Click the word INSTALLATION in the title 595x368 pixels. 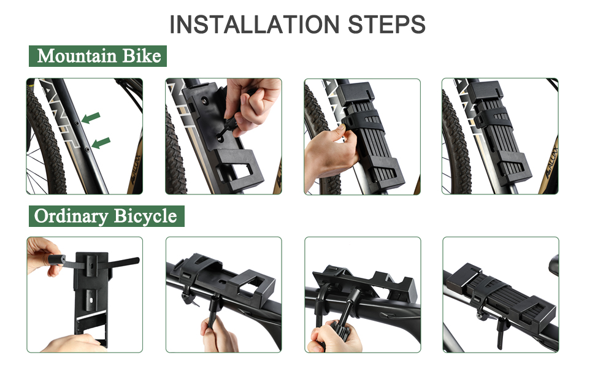coord(254,25)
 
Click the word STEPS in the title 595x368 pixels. coord(386,25)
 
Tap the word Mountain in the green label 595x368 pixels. coord(77,56)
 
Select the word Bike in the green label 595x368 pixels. coord(142,56)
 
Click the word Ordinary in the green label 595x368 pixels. coord(71,217)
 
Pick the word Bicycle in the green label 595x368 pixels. coord(145,217)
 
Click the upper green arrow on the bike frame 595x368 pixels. coord(91,118)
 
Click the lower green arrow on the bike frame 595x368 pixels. coord(101,143)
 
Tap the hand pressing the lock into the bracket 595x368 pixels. coord(330,156)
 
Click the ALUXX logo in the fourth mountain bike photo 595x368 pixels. coord(551,159)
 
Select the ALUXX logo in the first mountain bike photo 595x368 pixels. coord(135,169)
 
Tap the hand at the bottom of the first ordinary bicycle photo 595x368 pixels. coord(72,343)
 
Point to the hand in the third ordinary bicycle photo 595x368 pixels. coord(334,339)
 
